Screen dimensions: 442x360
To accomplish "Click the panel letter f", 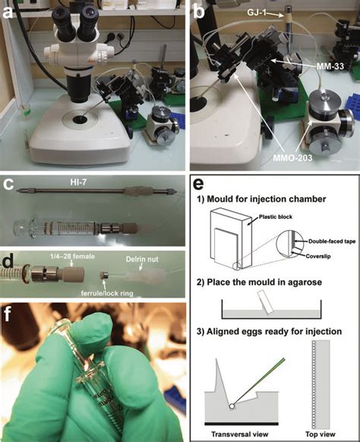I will click(13, 313).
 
